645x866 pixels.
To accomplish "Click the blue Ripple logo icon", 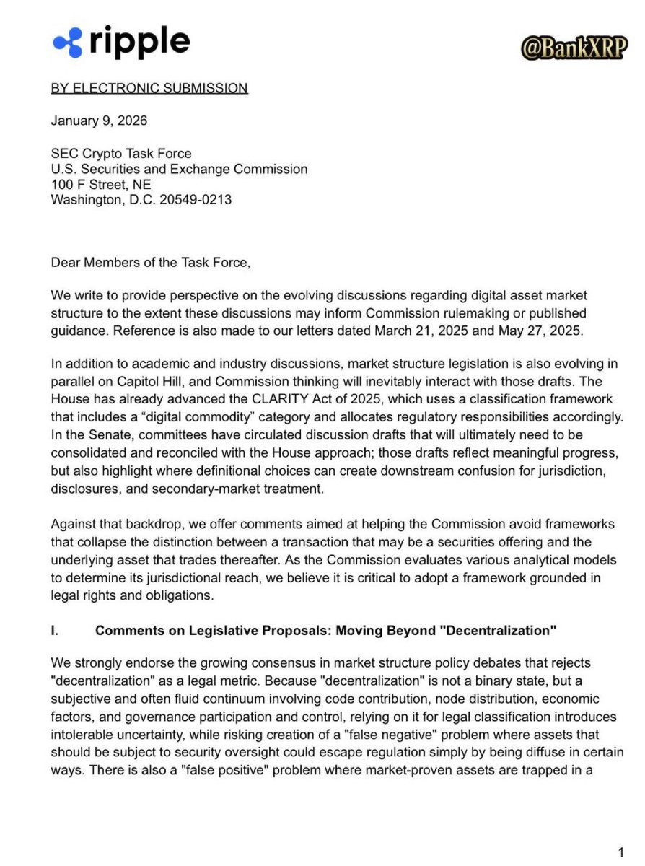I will tap(68, 42).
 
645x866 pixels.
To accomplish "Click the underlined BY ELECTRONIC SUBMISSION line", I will tap(149, 88).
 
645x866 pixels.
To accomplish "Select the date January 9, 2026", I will tap(99, 121).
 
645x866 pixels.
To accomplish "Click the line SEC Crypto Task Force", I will tap(121, 153).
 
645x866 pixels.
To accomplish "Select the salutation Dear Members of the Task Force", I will tap(150, 263).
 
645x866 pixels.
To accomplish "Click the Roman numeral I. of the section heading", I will tap(55, 630).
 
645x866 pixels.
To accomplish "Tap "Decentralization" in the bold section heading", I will tap(497, 630).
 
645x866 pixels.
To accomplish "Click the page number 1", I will tap(620, 852).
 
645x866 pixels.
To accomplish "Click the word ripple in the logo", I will tap(139, 41).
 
